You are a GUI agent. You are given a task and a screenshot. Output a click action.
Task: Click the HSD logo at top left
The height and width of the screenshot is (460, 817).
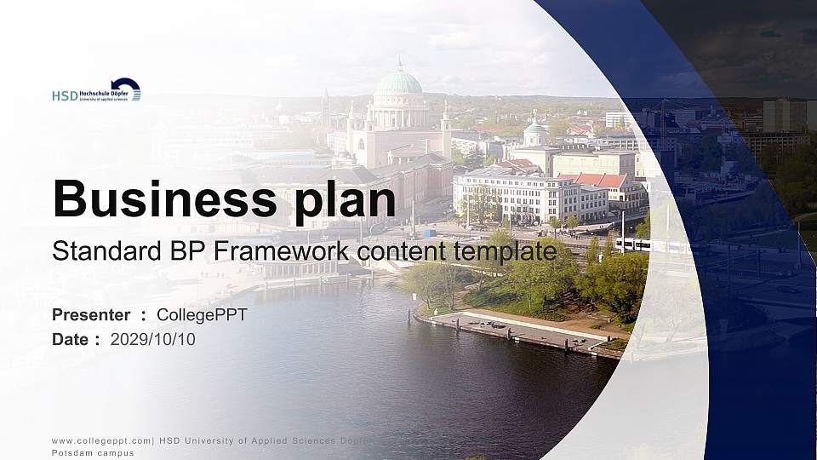click(x=95, y=91)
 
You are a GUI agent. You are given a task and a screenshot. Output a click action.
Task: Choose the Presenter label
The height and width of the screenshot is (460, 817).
click(x=91, y=315)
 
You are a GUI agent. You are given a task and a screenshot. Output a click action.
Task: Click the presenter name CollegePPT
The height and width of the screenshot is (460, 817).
click(x=202, y=315)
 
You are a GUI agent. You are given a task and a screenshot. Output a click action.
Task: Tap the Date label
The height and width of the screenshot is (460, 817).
click(x=70, y=339)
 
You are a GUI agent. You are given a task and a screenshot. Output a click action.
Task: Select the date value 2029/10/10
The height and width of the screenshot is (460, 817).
click(x=153, y=339)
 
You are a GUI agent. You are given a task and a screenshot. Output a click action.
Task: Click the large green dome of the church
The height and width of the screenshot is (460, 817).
click(x=397, y=82)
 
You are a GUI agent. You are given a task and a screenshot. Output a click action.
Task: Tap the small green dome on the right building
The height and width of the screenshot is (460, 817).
click(x=534, y=128)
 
